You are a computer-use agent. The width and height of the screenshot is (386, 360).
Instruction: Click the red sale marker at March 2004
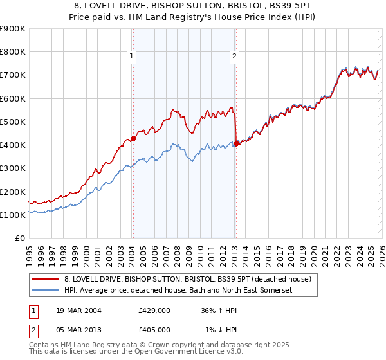(133, 138)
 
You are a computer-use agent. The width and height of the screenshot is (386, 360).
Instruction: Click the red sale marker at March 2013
(236, 143)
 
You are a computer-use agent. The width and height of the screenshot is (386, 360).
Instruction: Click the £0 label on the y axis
(20, 239)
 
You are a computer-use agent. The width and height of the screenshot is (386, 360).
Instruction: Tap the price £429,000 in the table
(154, 310)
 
